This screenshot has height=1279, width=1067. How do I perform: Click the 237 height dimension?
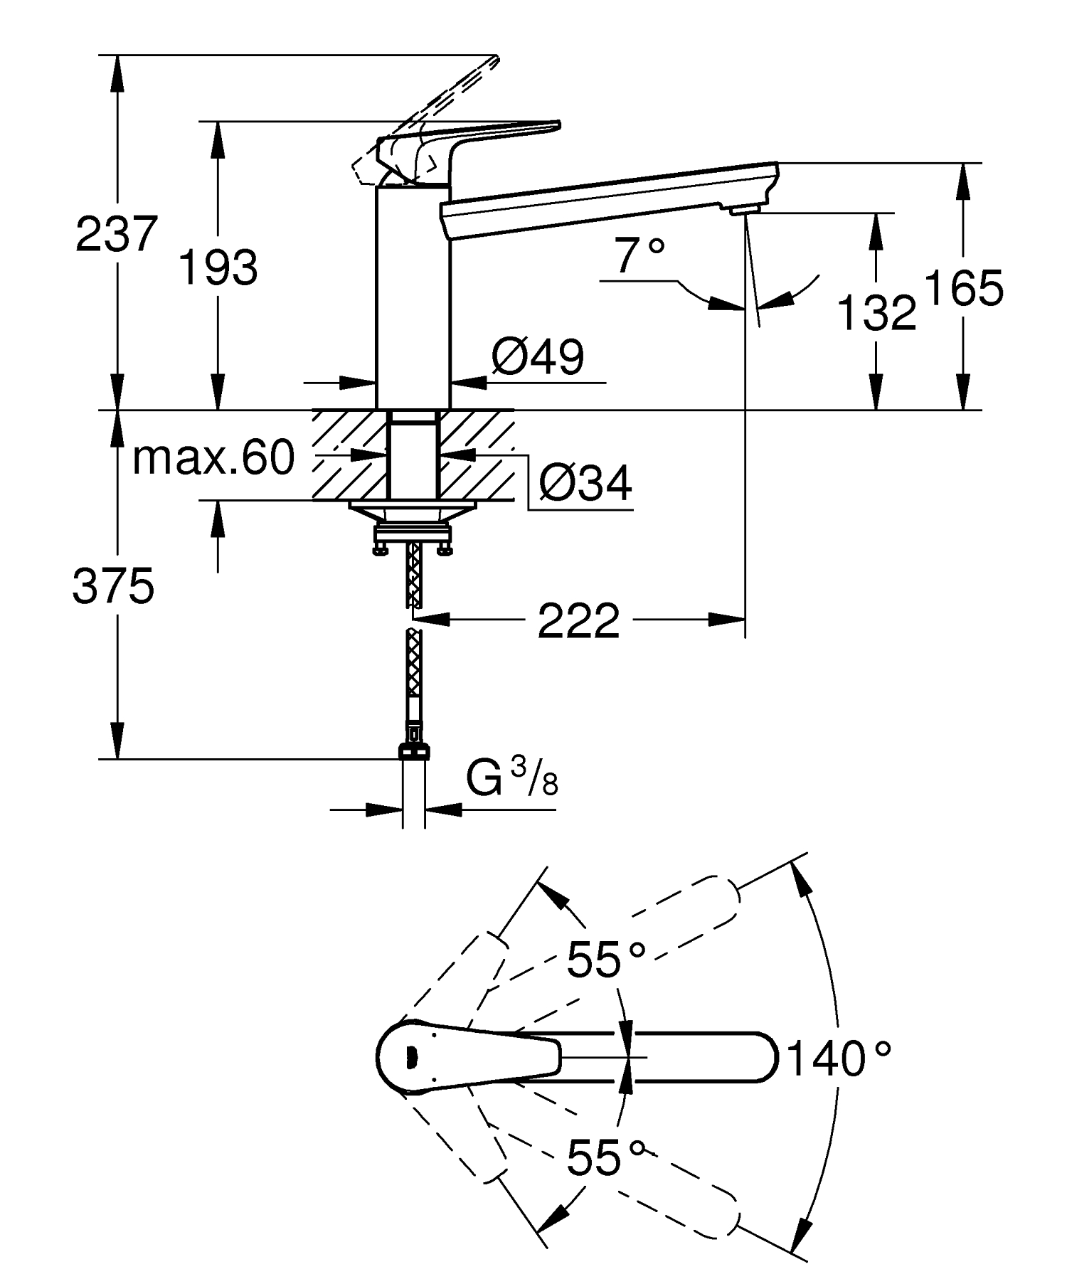(x=115, y=234)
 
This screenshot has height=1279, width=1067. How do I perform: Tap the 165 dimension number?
(x=964, y=288)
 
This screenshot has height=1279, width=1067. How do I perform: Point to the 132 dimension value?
(x=877, y=313)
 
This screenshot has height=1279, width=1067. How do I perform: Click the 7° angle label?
(x=640, y=257)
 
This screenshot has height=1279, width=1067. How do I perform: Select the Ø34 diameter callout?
(x=585, y=484)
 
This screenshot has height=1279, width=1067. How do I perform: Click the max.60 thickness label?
(x=213, y=458)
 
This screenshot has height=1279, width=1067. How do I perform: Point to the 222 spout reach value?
(x=578, y=621)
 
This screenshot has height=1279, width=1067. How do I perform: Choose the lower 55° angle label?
(x=605, y=1157)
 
